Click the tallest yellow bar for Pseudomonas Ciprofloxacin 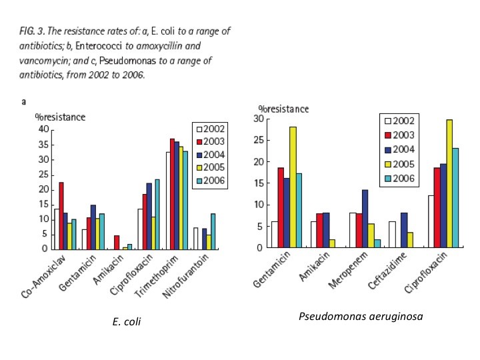[x=449, y=183]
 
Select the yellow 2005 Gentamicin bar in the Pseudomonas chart [x=292, y=187]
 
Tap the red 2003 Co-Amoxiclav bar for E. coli [x=61, y=215]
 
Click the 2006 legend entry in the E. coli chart [x=210, y=181]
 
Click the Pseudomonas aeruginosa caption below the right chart [x=361, y=316]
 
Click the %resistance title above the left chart [x=60, y=117]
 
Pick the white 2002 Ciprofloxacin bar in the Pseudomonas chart [x=431, y=221]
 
